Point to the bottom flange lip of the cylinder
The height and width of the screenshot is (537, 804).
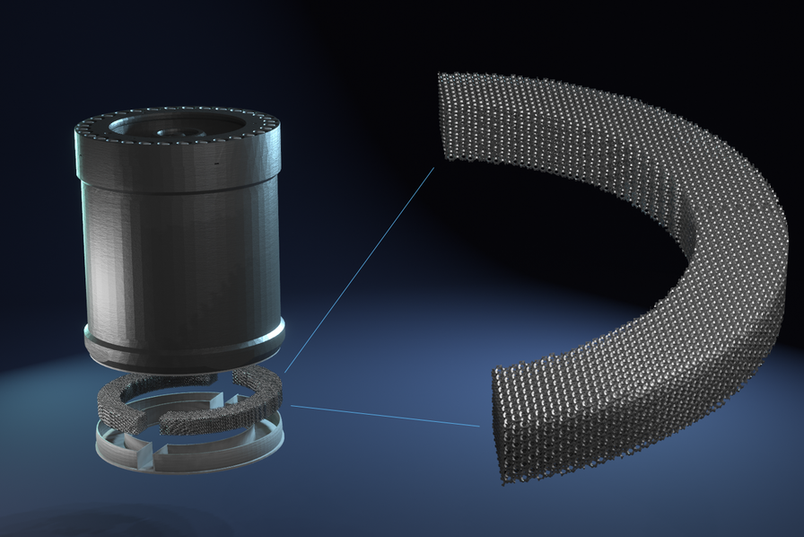pos(184,346)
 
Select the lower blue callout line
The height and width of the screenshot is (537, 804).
pos(386,415)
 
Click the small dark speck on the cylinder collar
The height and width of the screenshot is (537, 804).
pos(216,163)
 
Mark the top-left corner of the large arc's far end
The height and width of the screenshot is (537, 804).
pos(440,75)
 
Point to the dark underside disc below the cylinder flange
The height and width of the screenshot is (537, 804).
pos(184,363)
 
